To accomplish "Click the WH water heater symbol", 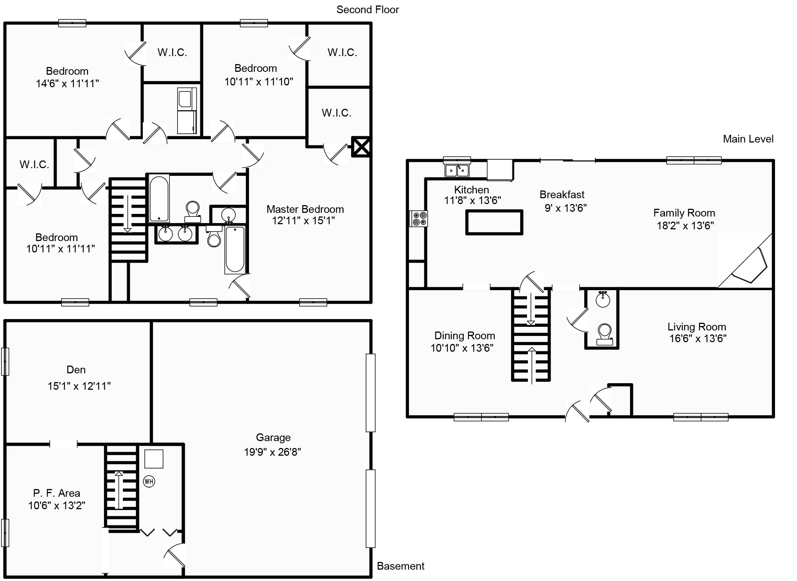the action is coord(149,481).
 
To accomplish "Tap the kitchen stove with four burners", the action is coord(418,219).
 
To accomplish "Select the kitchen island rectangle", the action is coord(494,222).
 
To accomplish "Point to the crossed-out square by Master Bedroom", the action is coord(361,147).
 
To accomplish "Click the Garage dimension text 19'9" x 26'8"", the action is coord(272,452).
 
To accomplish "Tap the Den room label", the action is coord(76,370).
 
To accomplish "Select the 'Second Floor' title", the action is coord(368,10).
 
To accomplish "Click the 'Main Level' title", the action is coord(748,139).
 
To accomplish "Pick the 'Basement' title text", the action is coord(401,566).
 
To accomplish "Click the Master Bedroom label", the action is coord(305,209).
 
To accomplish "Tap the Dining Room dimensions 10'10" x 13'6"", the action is coord(462,348).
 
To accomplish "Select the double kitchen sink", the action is coord(457,170).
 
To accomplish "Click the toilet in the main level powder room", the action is coord(604,335).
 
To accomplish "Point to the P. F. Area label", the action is coord(56,493).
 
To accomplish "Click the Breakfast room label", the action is coord(562,195).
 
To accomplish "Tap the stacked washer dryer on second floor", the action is coord(187,111).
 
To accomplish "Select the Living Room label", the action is coord(697,327).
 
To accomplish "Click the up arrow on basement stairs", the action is coord(119,490).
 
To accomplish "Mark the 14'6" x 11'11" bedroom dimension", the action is coord(67,84).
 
